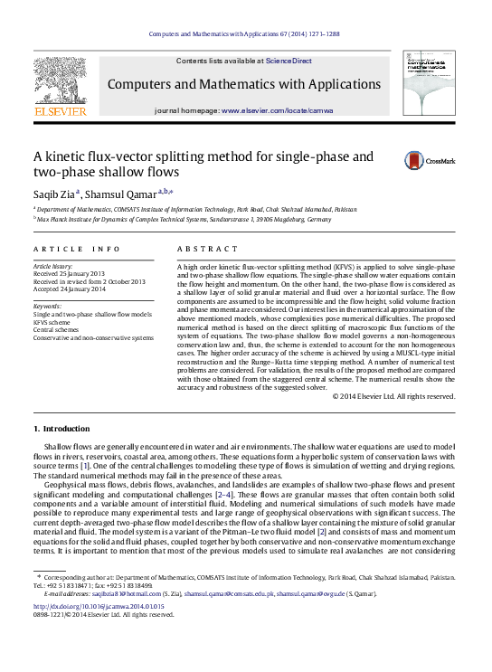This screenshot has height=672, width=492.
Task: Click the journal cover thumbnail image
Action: tap(430, 83)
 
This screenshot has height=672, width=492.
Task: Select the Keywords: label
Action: tap(49, 306)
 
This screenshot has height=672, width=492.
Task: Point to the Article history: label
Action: tap(55, 267)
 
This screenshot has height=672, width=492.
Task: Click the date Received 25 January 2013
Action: tap(70, 274)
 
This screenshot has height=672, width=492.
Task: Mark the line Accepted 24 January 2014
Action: tap(71, 289)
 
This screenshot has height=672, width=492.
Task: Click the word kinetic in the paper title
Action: tap(72, 156)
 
